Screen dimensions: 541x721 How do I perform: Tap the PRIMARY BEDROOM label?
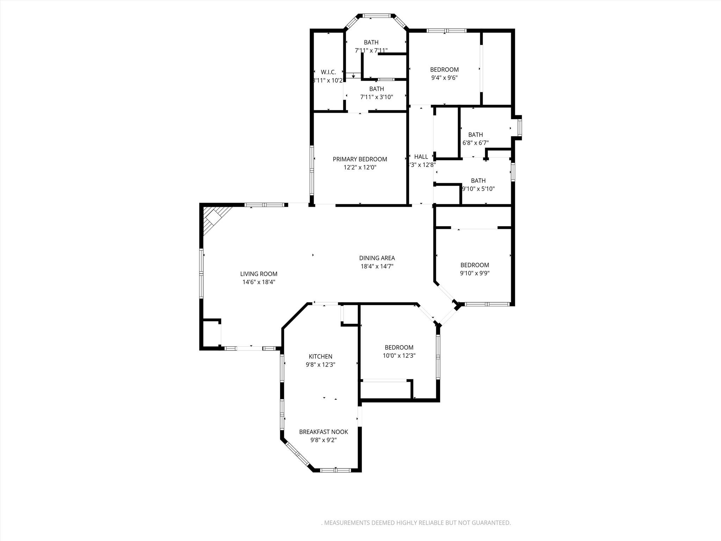(360, 159)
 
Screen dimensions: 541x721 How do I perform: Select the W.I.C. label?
(328, 72)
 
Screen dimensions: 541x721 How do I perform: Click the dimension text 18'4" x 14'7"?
(377, 267)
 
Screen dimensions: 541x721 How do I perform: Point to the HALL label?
(421, 157)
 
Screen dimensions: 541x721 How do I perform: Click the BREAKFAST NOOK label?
(324, 432)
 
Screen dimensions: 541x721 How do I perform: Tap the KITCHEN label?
(320, 356)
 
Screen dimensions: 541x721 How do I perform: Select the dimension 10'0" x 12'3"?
(399, 356)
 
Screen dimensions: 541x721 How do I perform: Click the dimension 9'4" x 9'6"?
(444, 78)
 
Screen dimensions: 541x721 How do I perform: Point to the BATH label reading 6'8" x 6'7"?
(475, 135)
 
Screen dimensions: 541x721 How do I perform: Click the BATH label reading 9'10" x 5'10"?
(478, 181)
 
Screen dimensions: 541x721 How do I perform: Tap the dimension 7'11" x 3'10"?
(376, 97)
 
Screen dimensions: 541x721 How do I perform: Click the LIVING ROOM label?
(259, 274)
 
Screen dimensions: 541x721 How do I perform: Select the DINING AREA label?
(377, 258)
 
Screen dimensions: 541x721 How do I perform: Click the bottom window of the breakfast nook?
(336, 470)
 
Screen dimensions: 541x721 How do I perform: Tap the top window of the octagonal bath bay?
(376, 16)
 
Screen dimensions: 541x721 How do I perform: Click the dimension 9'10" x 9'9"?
(475, 273)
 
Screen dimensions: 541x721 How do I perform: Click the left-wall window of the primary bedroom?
(312, 170)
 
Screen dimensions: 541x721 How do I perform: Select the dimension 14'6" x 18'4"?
(259, 282)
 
